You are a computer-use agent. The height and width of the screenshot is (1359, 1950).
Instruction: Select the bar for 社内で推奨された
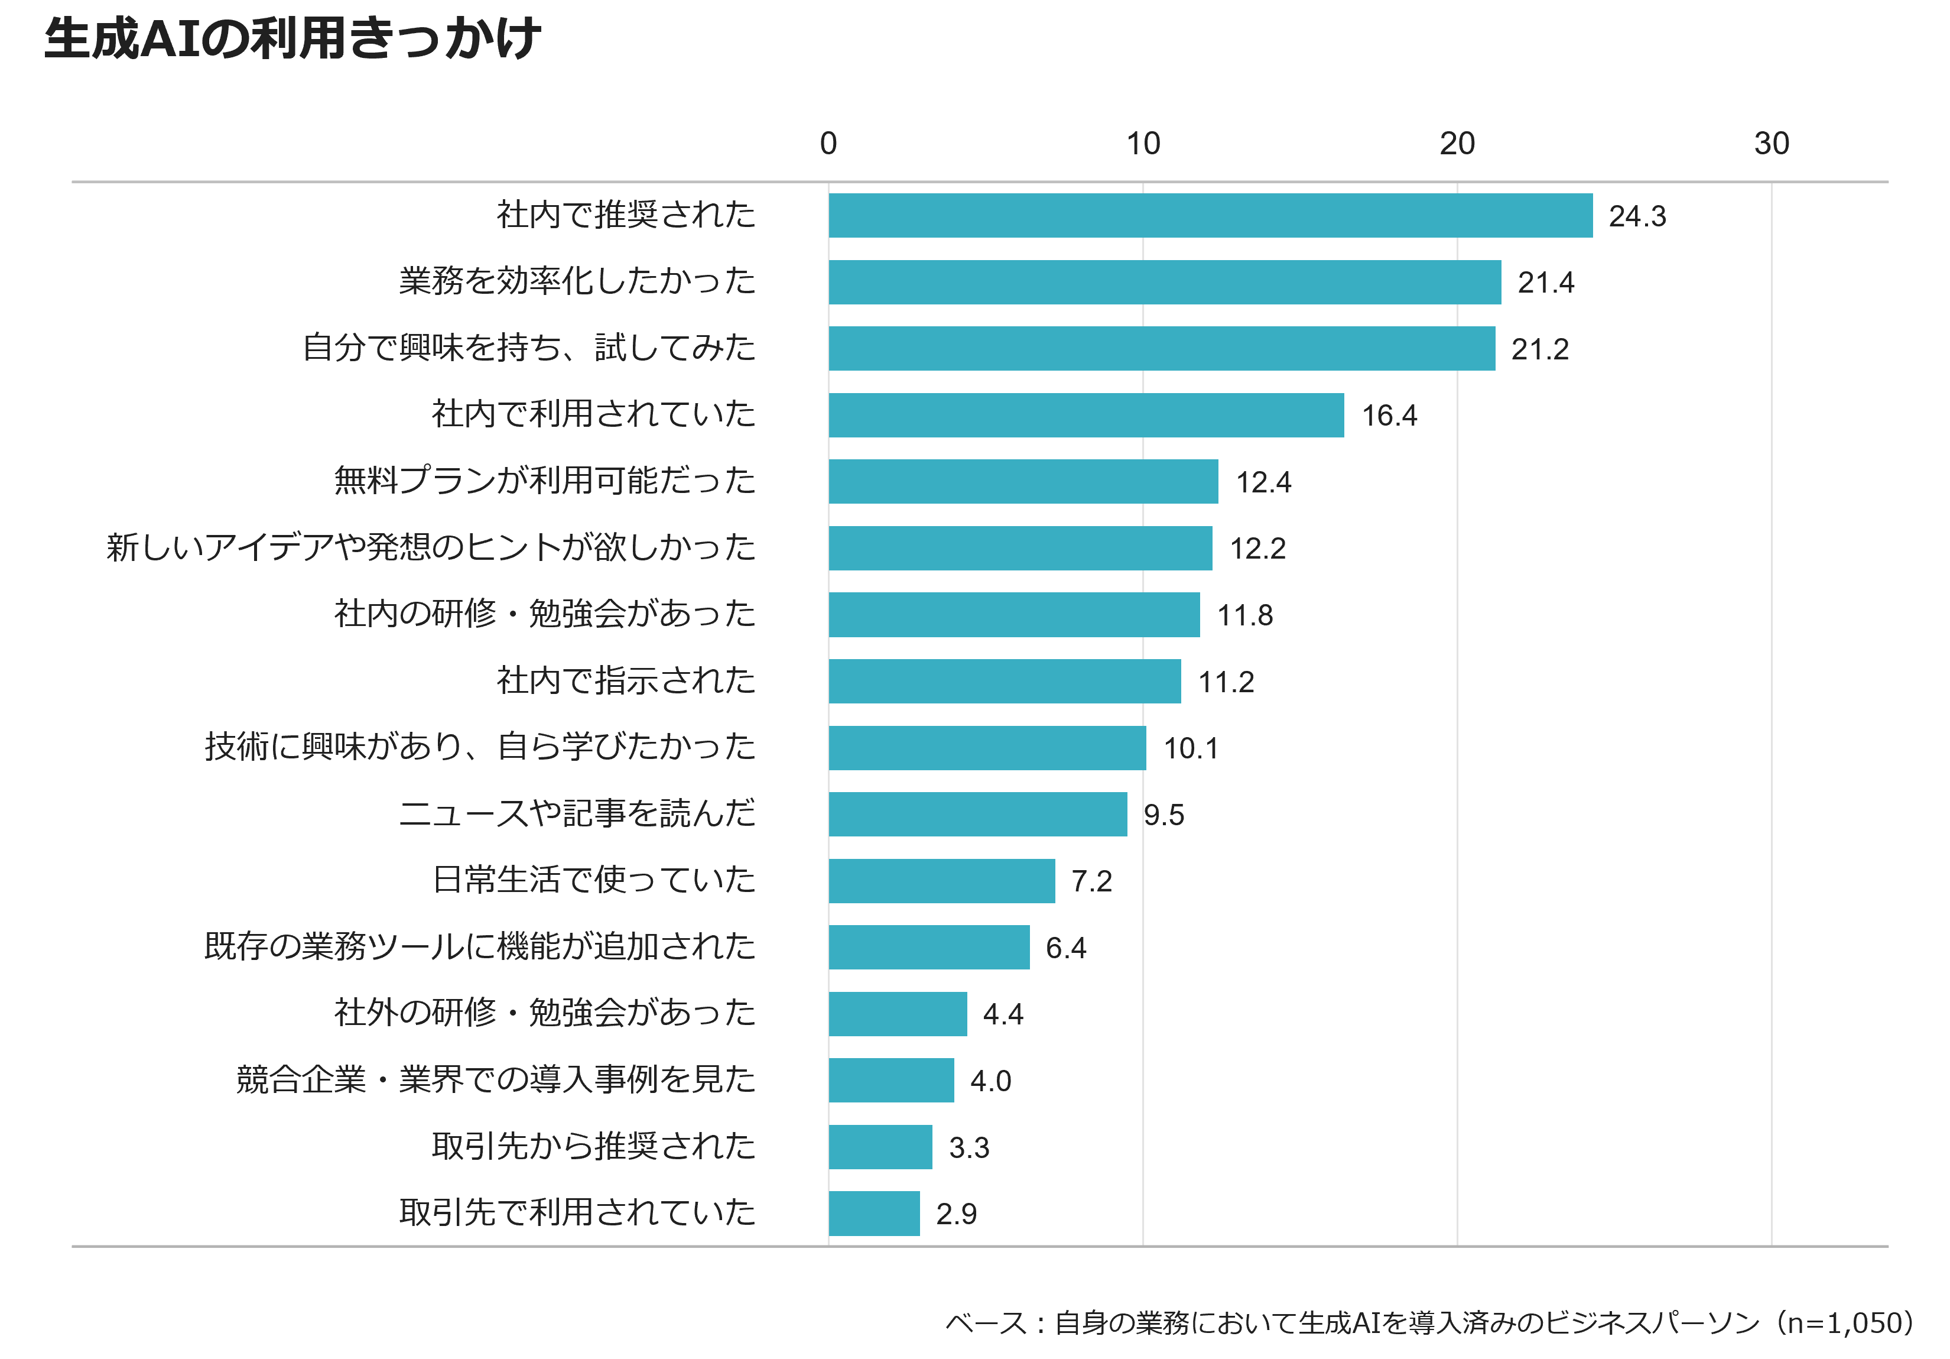[1210, 216]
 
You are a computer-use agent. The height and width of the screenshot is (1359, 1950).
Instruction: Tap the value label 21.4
[1546, 282]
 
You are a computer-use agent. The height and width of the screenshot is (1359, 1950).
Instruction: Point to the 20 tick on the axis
[1457, 144]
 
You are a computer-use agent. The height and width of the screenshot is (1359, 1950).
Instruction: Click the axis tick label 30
[1771, 144]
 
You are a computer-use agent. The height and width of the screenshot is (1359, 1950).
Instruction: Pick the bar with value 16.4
[1086, 416]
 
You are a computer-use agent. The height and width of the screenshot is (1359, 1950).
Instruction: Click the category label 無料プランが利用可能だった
[544, 481]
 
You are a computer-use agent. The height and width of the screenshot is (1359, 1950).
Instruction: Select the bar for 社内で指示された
[1005, 681]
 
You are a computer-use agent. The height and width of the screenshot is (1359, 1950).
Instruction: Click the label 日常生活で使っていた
[594, 880]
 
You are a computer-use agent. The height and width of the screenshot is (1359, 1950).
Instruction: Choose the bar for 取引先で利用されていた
[874, 1214]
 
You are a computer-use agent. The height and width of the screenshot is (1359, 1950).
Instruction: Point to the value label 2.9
[956, 1214]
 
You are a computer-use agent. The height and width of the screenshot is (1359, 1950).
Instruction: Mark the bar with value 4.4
[898, 1014]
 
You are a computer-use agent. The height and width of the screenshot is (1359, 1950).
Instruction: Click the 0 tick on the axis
[828, 144]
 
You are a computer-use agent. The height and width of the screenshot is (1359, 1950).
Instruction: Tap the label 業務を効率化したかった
[577, 281]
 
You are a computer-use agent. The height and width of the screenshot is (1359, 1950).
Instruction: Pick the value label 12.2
[1258, 549]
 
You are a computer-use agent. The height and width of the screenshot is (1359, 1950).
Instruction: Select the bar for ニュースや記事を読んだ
[977, 815]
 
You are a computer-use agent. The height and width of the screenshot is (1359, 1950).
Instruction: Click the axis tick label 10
[1143, 144]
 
